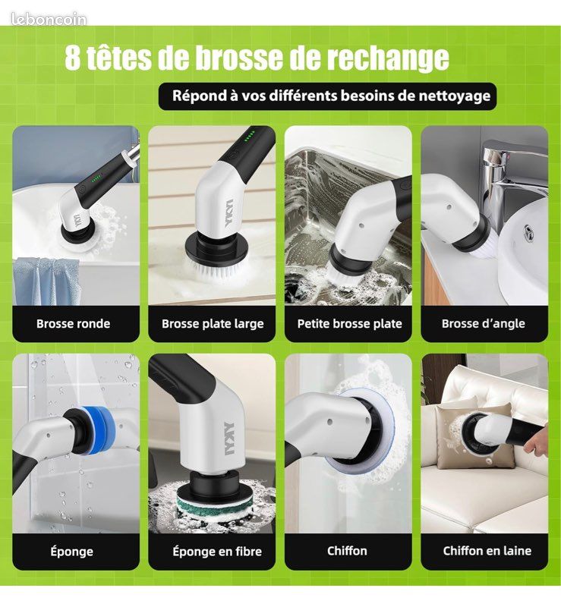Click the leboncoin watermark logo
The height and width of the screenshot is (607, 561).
pos(49,19)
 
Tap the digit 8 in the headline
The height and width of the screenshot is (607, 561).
pos(72,58)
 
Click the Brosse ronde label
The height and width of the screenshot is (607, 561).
pos(73,324)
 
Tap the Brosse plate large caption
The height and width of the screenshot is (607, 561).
pos(213,324)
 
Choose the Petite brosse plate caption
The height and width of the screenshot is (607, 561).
pos(349,324)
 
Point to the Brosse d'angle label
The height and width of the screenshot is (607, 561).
pos(483,324)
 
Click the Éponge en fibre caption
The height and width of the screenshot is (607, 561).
pos(217,552)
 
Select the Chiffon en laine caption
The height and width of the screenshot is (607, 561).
pos(487,551)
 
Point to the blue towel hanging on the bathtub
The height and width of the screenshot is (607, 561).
pos(46,281)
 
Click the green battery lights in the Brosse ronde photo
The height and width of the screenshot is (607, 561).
pos(96,179)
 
